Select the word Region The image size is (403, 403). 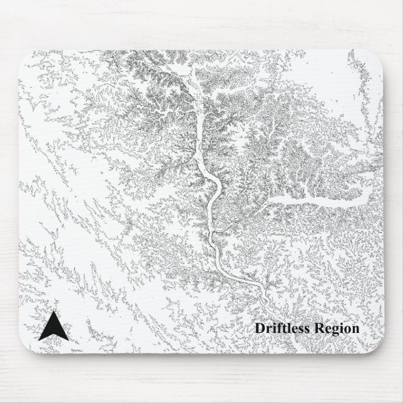[337, 329]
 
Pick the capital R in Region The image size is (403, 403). [320, 328]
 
